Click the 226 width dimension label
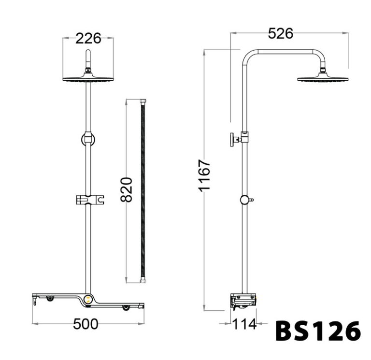pyautogui.click(x=88, y=39)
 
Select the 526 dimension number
pyautogui.click(x=280, y=33)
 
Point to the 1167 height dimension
pyautogui.click(x=205, y=175)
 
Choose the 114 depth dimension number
pyautogui.click(x=244, y=324)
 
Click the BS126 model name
pyautogui.click(x=317, y=331)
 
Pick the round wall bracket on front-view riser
pyautogui.click(x=88, y=139)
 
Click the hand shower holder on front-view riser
pyautogui.click(x=89, y=199)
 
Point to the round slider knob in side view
pyautogui.click(x=245, y=200)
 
